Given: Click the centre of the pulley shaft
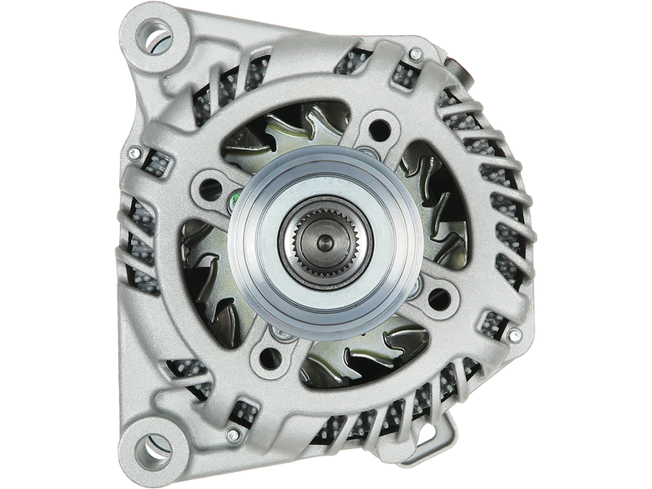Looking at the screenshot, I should tap(324, 242).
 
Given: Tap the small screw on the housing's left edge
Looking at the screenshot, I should tap(130, 149).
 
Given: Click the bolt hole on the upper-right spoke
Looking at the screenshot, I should tap(377, 126).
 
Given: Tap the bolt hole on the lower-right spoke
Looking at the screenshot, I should tap(437, 297).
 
